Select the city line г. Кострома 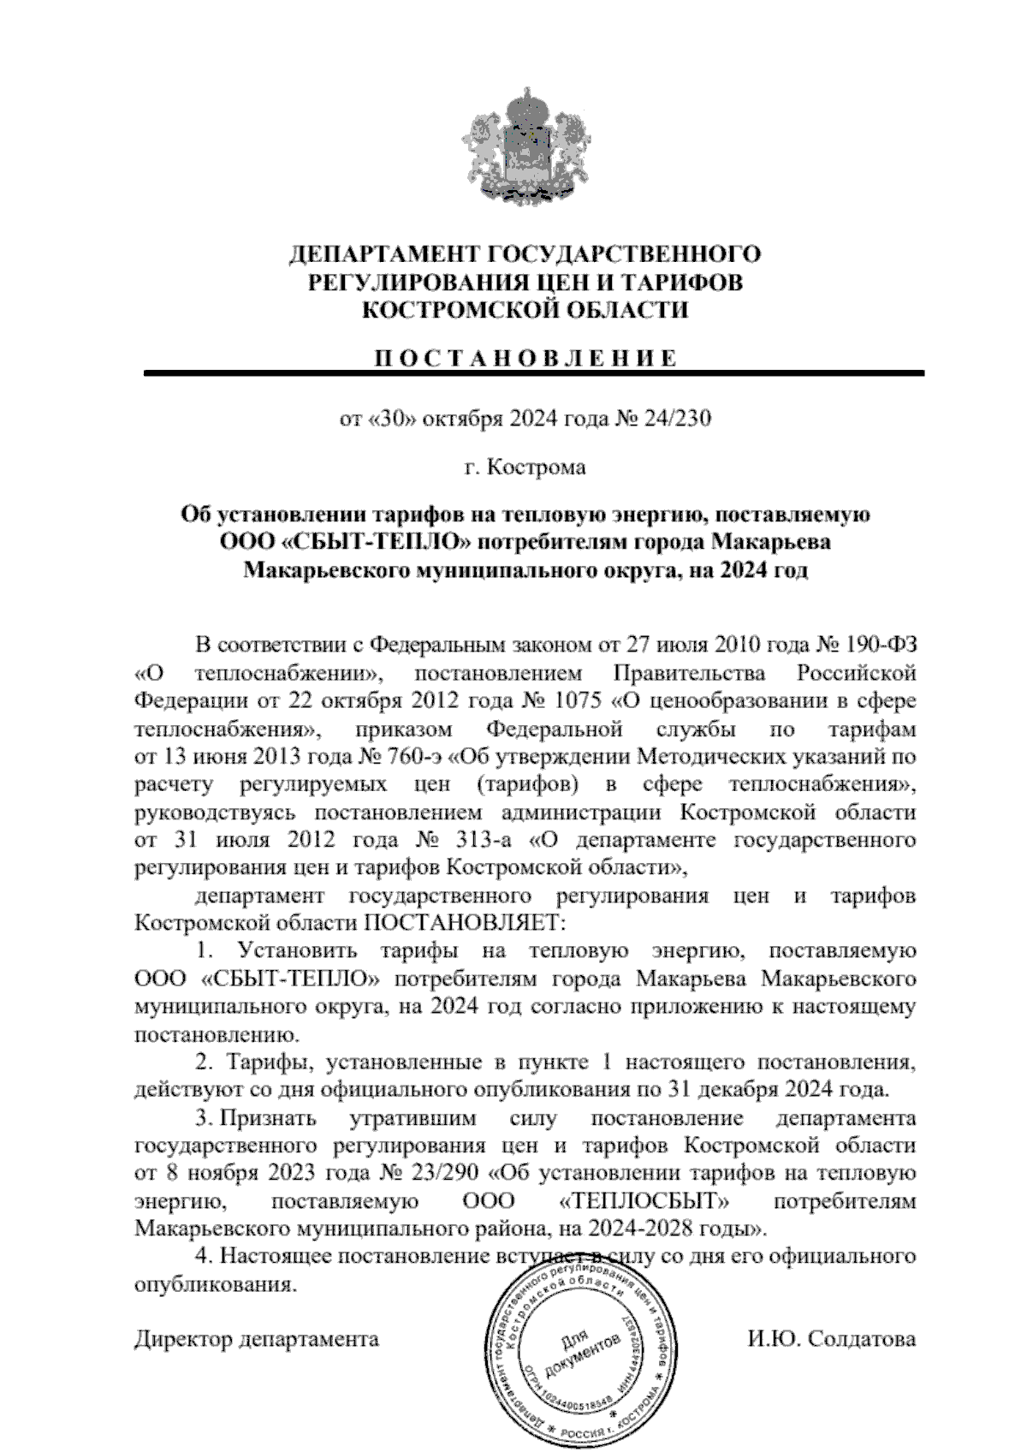click(524, 467)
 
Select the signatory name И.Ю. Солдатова click(830, 1339)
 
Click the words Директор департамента click(257, 1339)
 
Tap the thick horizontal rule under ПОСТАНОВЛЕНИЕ click(534, 373)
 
